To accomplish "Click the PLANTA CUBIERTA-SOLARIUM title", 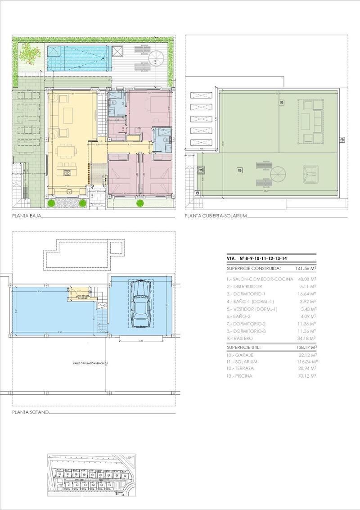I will (216, 216).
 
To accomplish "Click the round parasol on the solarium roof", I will (277, 173).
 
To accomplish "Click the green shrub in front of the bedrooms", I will (139, 203).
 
